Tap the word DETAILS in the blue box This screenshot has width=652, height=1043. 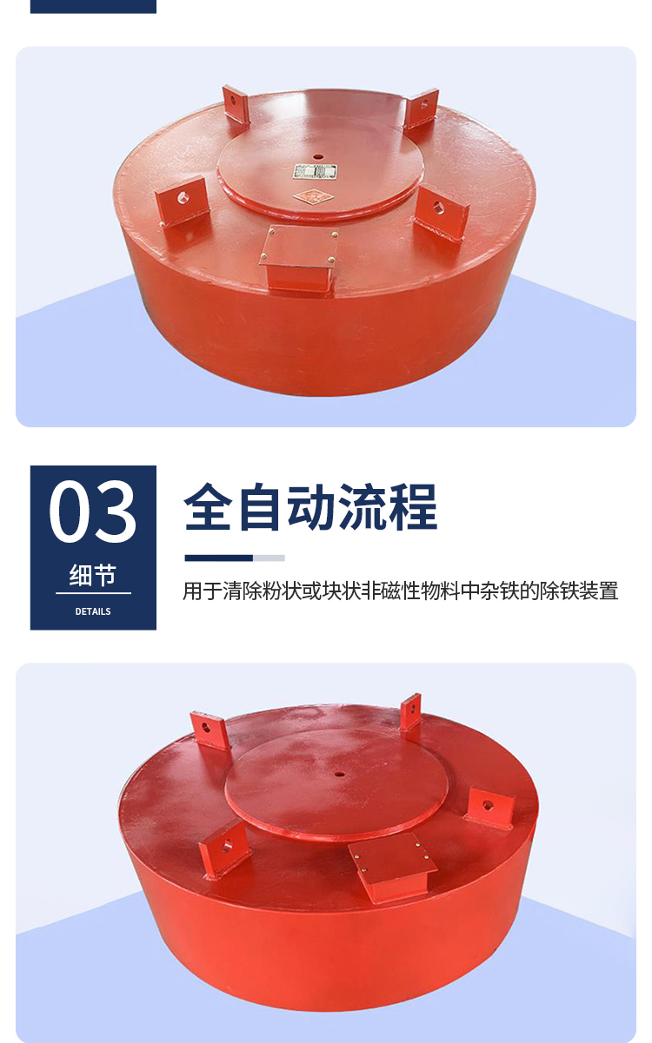tap(93, 611)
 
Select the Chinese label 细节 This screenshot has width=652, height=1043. tap(93, 575)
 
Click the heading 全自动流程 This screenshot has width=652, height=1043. tap(311, 507)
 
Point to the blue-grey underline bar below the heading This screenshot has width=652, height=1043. tap(235, 558)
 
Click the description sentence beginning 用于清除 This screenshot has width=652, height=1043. tap(401, 591)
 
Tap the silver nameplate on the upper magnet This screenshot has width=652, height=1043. tap(315, 172)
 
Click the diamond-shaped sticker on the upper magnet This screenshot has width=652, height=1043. tap(314, 196)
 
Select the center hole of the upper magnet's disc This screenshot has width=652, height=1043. tap(318, 157)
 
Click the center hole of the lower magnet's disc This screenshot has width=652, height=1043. tap(340, 775)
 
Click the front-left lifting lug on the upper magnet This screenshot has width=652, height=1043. tap(183, 201)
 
